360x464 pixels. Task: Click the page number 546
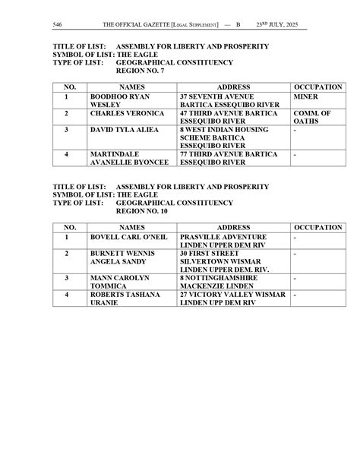57,25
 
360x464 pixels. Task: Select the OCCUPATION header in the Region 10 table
319,227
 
